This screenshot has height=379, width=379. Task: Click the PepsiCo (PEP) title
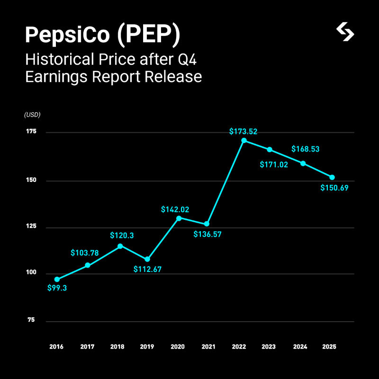pyautogui.click(x=103, y=36)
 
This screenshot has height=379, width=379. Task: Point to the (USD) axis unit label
pyautogui.click(x=32, y=115)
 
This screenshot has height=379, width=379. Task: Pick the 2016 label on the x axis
pyautogui.click(x=57, y=347)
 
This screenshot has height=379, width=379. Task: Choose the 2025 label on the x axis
pyautogui.click(x=329, y=347)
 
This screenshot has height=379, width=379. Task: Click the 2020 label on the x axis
pyautogui.click(x=178, y=347)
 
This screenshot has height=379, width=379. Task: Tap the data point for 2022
pyautogui.click(x=244, y=140)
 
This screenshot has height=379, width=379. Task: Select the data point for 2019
pyautogui.click(x=147, y=259)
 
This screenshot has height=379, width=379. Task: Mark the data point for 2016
pyautogui.click(x=57, y=280)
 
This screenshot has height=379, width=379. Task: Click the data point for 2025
pyautogui.click(x=332, y=177)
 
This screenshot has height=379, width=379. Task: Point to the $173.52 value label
pyautogui.click(x=243, y=131)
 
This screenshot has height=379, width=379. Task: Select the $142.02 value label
pyautogui.click(x=175, y=209)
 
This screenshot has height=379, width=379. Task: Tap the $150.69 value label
pyautogui.click(x=334, y=188)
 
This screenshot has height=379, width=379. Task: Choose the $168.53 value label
pyautogui.click(x=305, y=149)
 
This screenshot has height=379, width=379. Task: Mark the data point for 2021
pyautogui.click(x=207, y=224)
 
